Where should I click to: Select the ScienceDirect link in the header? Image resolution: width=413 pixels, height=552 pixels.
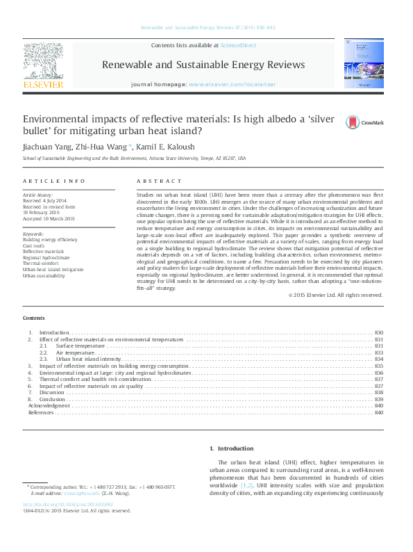coord(237,45)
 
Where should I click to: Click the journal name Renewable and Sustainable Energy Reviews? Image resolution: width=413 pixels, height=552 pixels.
coord(203,65)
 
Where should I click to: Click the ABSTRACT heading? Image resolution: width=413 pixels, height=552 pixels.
coord(155,181)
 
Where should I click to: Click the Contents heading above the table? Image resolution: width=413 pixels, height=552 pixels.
coord(33,318)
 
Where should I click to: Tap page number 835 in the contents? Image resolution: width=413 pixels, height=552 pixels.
coord(379,366)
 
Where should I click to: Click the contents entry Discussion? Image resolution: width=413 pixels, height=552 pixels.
coord(53,393)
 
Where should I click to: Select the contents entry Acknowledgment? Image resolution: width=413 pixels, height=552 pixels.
coord(49,406)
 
